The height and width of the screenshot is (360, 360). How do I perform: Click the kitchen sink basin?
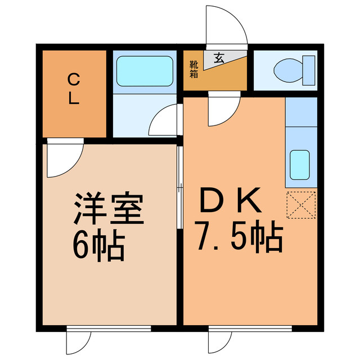click(300, 164)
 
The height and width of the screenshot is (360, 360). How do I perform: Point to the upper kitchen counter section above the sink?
click(300, 111)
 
